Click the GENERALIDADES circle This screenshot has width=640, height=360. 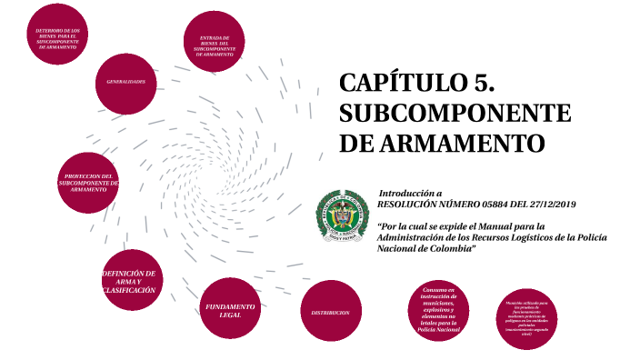[125, 83]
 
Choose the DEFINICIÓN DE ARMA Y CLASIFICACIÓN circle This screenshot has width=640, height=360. [129, 281]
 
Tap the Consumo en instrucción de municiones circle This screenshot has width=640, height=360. [438, 311]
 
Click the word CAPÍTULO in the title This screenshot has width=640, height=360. [405, 84]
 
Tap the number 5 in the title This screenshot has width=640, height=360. [485, 84]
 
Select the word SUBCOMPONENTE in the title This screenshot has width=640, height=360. [455, 115]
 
